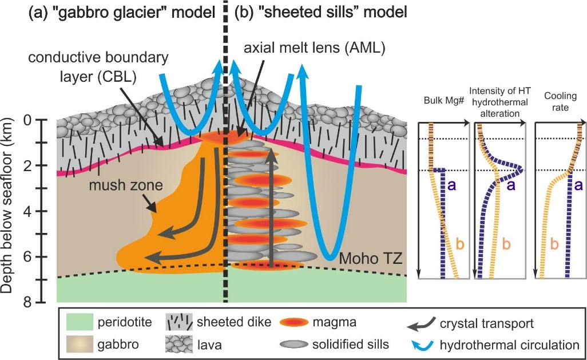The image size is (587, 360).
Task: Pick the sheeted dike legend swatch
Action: point(180,323)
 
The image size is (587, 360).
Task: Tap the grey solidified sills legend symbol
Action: point(298,345)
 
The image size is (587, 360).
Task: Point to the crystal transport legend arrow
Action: point(422,323)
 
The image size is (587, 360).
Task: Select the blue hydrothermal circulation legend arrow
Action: point(422,345)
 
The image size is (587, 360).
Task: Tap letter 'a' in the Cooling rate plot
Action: point(577,184)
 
